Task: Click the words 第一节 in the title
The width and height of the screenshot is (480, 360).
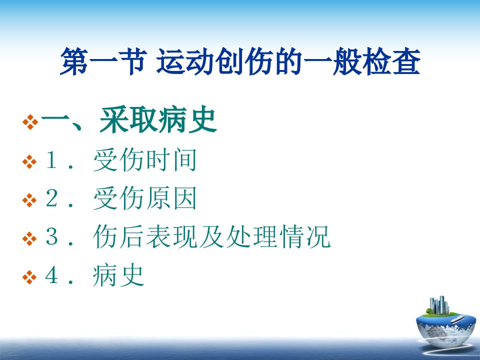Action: coord(102,61)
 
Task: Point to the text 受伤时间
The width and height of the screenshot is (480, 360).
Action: coord(145,160)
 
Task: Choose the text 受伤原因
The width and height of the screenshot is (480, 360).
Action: coord(145,198)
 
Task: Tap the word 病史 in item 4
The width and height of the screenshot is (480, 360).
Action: coord(118,275)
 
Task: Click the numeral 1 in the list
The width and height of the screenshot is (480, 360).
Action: coord(51,160)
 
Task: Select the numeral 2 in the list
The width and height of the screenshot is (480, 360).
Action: coord(51,198)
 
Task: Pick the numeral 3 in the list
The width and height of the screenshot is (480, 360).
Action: coord(51,236)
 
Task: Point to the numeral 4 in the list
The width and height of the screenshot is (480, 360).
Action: coord(51,275)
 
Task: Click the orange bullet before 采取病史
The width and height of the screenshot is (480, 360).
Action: coord(30,122)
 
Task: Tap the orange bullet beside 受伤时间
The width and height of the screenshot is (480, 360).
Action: coord(29,162)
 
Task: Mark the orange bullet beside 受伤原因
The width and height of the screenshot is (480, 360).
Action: coord(29,200)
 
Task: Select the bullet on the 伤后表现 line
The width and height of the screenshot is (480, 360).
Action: coord(29,239)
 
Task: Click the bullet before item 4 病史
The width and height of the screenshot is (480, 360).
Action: coord(29,277)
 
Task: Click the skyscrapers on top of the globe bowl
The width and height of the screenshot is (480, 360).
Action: coord(439,305)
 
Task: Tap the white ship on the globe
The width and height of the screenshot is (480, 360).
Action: coord(456,319)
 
